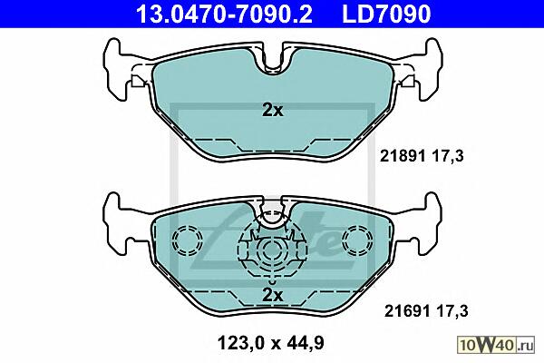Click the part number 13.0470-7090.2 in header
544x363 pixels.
[x=224, y=14]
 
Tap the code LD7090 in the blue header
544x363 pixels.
[x=386, y=14]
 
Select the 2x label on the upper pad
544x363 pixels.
[x=272, y=110]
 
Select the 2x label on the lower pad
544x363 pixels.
[x=272, y=295]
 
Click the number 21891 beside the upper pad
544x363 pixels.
[x=403, y=156]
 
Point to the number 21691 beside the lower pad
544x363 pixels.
[x=407, y=311]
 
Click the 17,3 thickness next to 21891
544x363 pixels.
[x=448, y=156]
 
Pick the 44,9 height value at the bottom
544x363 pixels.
[x=305, y=343]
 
